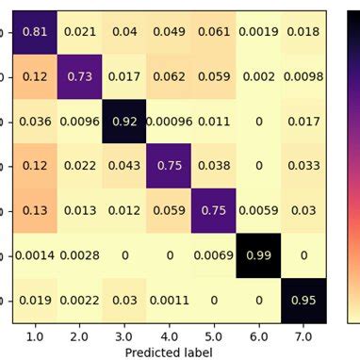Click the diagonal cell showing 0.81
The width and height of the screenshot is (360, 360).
point(35,31)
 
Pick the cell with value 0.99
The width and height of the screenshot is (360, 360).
point(261,255)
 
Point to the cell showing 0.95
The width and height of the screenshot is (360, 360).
point(306,301)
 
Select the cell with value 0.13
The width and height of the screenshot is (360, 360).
point(35,211)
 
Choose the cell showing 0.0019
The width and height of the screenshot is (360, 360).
point(261,31)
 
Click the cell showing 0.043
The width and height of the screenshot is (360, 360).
point(125,166)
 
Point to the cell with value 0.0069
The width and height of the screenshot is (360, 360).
point(216,255)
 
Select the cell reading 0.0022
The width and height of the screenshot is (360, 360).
point(80,301)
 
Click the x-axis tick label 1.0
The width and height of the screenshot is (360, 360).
point(35,334)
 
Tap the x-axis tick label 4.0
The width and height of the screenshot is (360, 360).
point(171,334)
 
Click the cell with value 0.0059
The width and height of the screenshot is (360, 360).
point(261,211)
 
